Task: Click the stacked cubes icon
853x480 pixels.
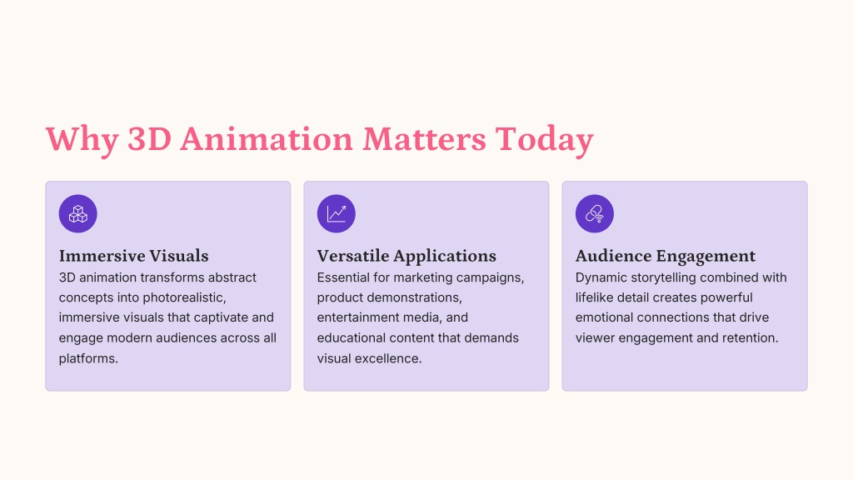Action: [77, 214]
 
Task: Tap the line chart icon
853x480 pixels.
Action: [337, 214]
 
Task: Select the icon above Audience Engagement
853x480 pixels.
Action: [595, 214]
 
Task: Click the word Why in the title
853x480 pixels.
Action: [82, 140]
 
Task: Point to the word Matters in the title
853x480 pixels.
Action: [424, 139]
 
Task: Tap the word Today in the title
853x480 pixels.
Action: [544, 140]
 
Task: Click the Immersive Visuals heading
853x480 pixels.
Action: [134, 256]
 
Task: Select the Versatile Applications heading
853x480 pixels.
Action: [407, 256]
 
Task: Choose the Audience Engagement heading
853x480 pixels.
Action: [666, 256]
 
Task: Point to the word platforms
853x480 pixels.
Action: [88, 358]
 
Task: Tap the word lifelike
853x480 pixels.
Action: [592, 297]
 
